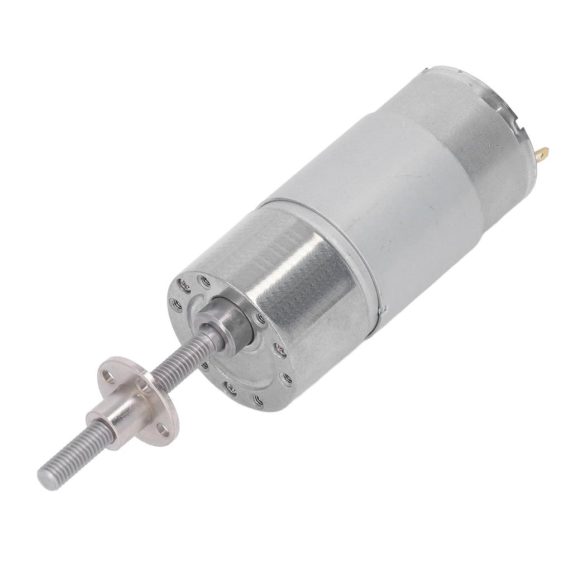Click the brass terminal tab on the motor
(x=544, y=151)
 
